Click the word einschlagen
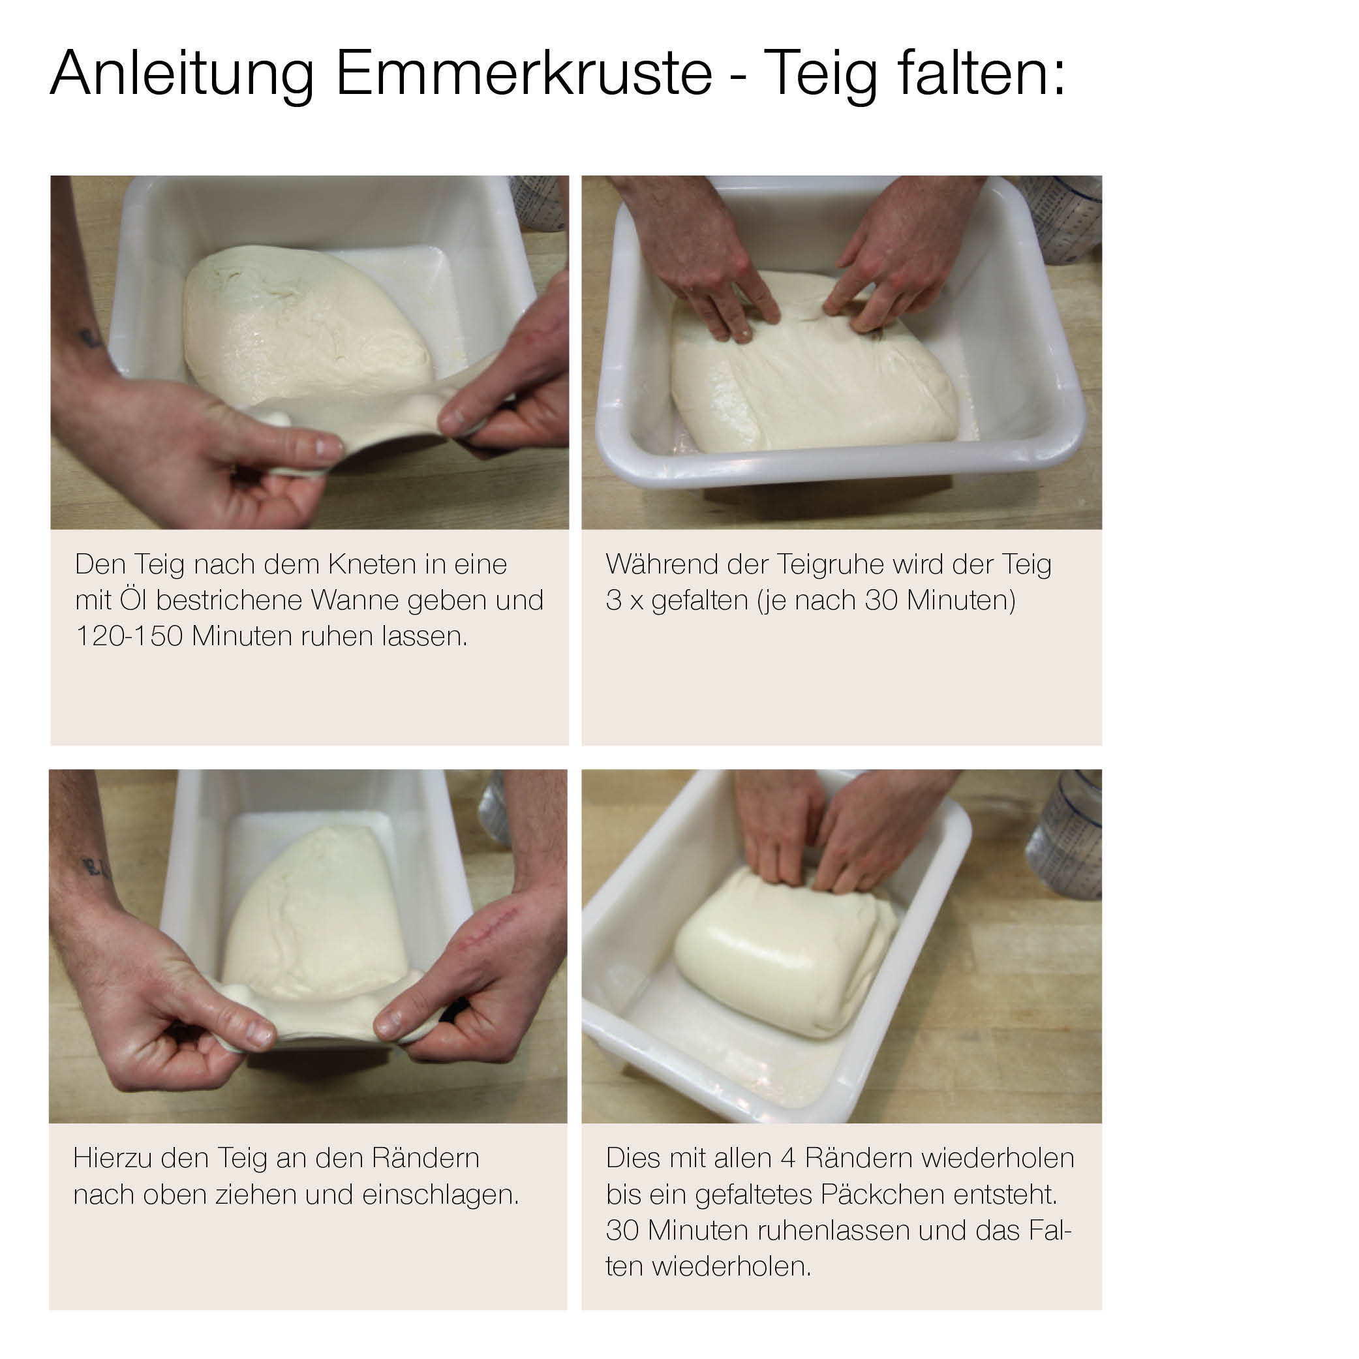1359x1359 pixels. tap(440, 1195)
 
